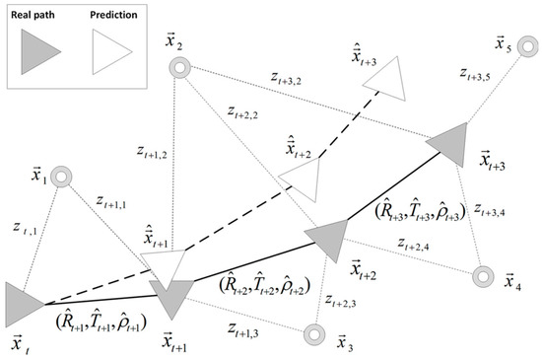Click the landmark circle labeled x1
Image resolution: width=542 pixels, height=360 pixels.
(x=60, y=178)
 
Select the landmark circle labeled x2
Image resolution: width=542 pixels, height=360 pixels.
(x=178, y=68)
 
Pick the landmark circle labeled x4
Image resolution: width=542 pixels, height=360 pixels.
(x=483, y=276)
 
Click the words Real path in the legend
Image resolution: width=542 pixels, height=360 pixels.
(x=39, y=15)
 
